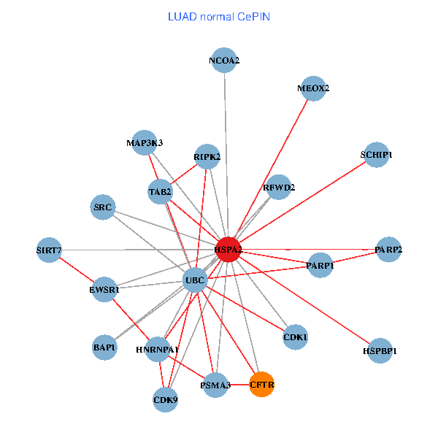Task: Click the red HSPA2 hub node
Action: [x=228, y=250]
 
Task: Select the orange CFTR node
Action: [x=261, y=384]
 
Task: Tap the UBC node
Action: [x=195, y=280]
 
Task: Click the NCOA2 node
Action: [x=224, y=61]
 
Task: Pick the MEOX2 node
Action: [x=313, y=88]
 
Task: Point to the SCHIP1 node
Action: [x=376, y=155]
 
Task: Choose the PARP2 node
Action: [x=388, y=250]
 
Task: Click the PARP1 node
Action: [x=320, y=266]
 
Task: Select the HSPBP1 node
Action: [x=380, y=351]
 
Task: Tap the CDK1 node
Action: [x=295, y=337]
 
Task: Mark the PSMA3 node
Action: [x=215, y=385]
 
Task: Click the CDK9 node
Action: [x=166, y=399]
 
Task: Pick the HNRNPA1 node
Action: [x=157, y=350]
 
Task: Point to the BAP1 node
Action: [x=104, y=347]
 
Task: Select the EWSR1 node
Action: [x=104, y=289]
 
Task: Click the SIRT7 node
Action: [x=49, y=250]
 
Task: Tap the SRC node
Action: [x=103, y=207]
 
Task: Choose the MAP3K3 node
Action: [x=145, y=142]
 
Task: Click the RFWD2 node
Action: [x=279, y=188]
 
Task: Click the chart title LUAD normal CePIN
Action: [x=218, y=16]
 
